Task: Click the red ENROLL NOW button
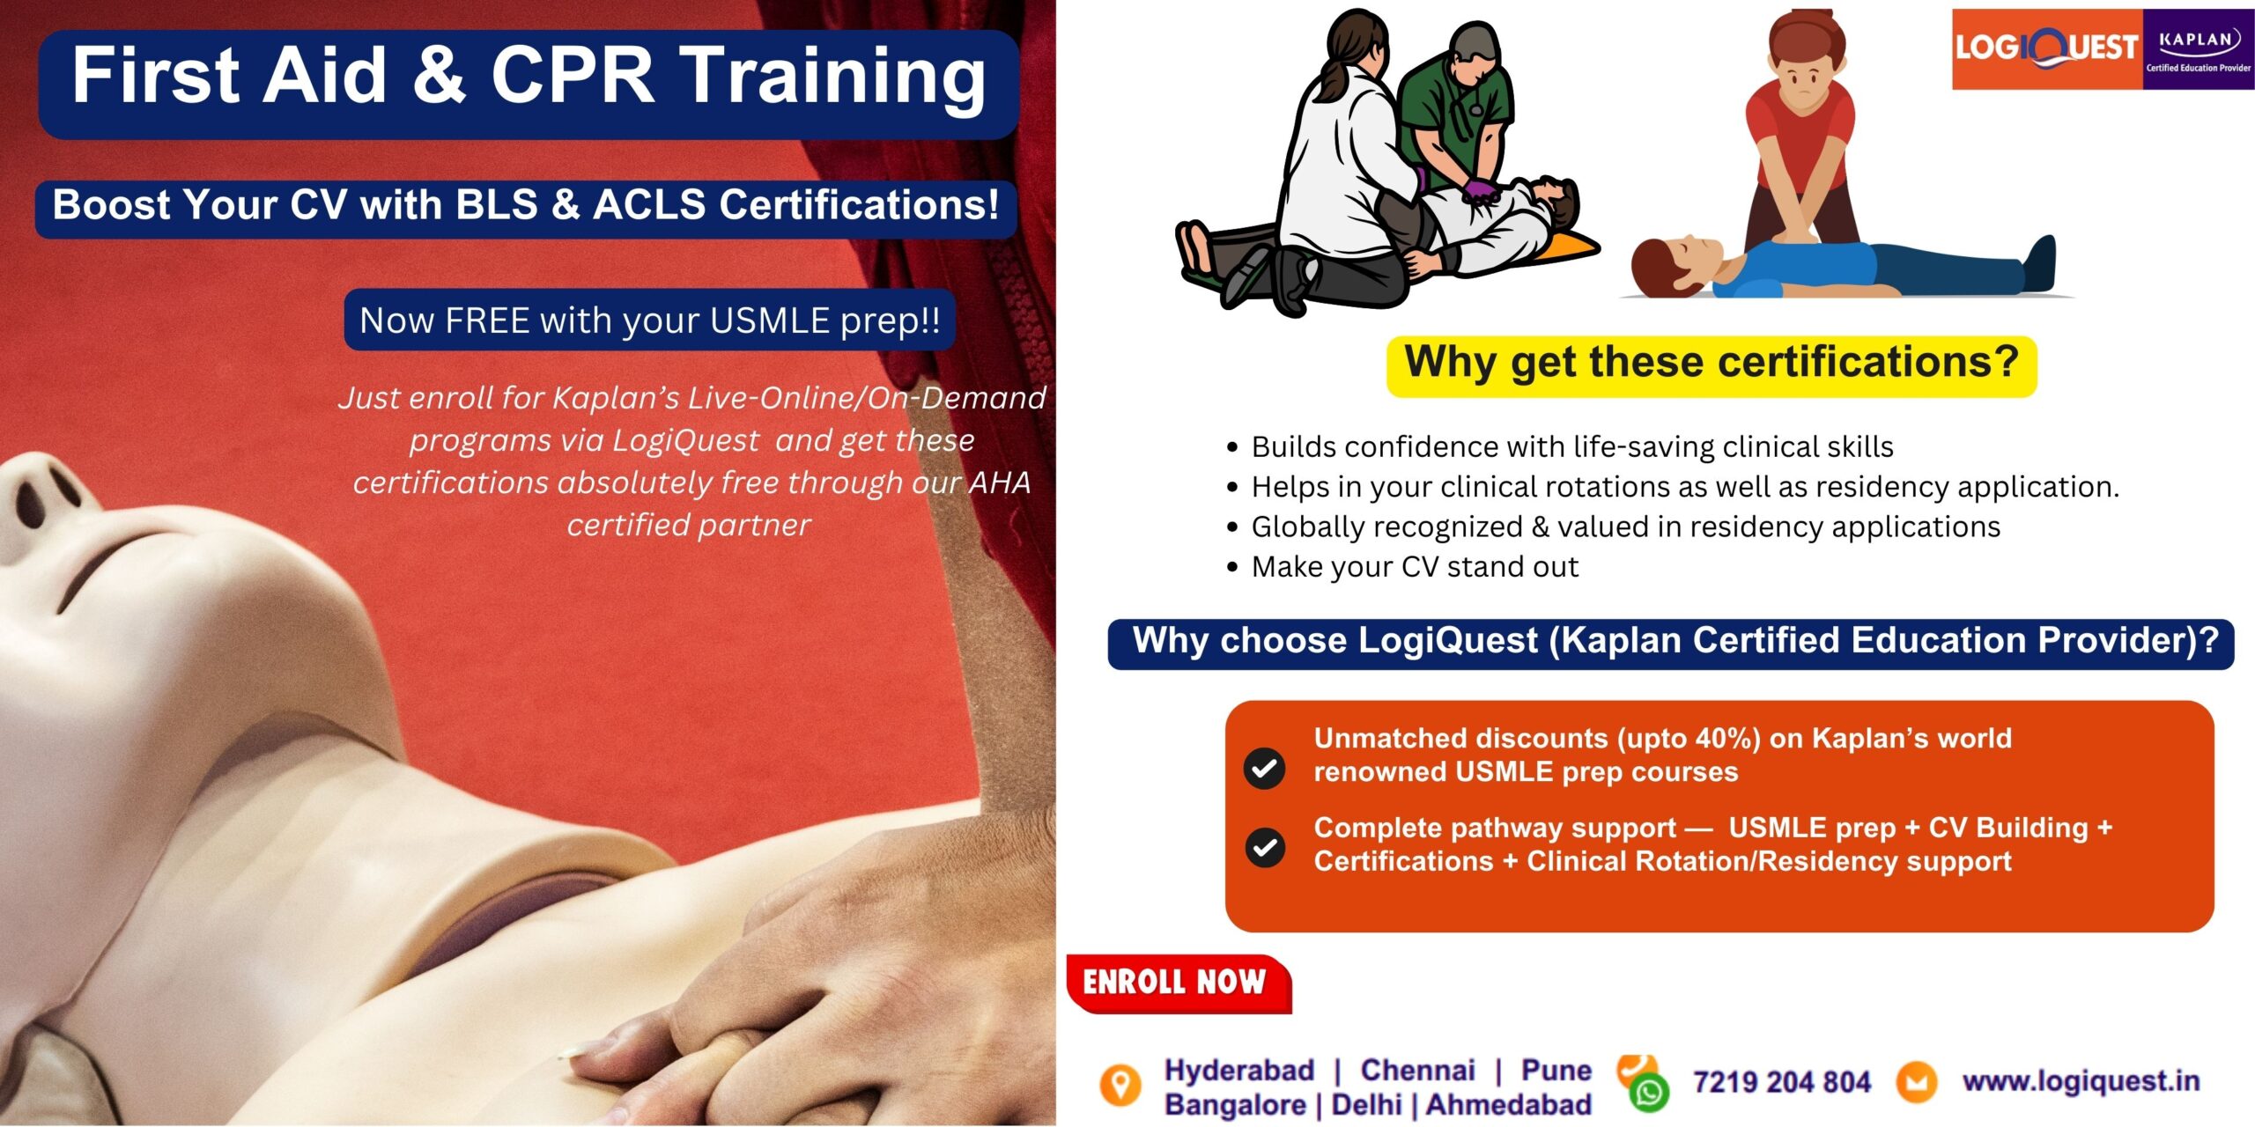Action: pos(1179,983)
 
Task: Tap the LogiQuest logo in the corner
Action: pos(2047,48)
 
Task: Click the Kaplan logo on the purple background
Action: pos(2199,48)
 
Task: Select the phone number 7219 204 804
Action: pos(1781,1081)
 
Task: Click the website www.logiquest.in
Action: pos(2081,1080)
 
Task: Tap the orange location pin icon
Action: pos(1120,1085)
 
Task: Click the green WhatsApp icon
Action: pos(1649,1093)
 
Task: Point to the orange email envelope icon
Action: pos(1916,1082)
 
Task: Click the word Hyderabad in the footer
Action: pos(1239,1070)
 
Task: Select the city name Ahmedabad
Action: pos(1509,1104)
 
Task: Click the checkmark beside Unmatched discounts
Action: pos(1264,768)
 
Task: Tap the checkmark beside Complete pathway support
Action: pos(1265,847)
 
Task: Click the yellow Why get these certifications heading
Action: pos(1712,365)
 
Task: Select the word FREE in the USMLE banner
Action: pos(487,320)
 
